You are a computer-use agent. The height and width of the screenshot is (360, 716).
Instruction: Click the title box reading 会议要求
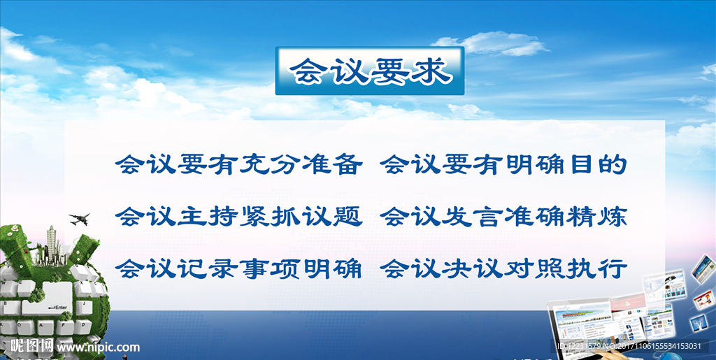point(369,71)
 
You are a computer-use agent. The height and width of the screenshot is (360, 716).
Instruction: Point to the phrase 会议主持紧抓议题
point(239,217)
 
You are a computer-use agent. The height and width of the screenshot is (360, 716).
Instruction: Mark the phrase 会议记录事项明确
point(239,268)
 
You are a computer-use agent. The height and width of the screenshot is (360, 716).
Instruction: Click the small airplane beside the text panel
point(80,219)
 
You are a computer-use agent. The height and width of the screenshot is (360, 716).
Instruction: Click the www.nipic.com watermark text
point(99,347)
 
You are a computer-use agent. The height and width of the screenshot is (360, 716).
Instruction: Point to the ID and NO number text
point(629,346)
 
